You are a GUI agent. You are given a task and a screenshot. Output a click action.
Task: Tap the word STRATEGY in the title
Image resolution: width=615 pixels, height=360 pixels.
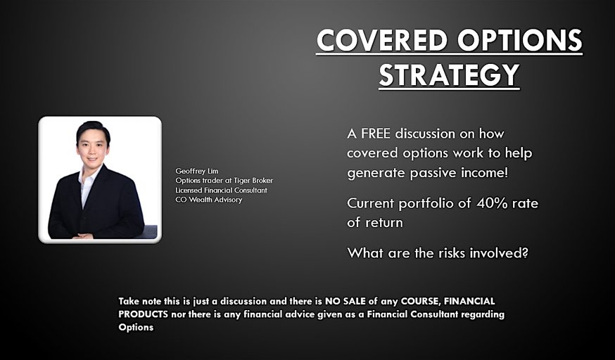(x=449, y=75)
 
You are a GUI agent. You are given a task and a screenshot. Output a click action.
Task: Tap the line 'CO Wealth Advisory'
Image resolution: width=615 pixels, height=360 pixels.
(x=208, y=200)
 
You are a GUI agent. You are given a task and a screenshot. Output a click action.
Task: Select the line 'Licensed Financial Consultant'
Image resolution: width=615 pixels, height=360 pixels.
(x=221, y=190)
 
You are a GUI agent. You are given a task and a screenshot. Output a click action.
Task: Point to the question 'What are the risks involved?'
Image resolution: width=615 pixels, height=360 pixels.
(x=437, y=252)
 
